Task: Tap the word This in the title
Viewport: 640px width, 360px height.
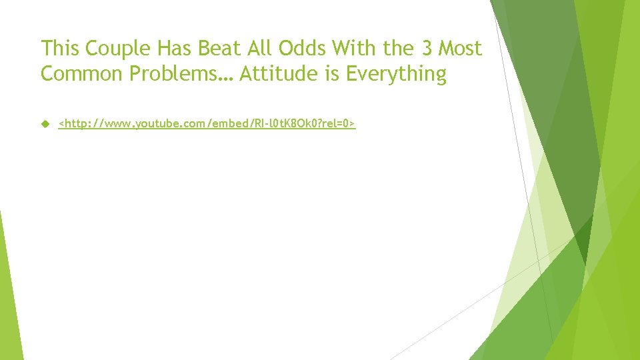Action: [x=60, y=49]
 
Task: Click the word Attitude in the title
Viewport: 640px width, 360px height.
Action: [x=279, y=74]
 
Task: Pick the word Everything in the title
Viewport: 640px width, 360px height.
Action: [x=395, y=74]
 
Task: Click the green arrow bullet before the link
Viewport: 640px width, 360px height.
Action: [x=45, y=124]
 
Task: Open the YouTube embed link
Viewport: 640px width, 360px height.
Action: [x=207, y=124]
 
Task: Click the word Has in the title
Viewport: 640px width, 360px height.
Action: [x=163, y=49]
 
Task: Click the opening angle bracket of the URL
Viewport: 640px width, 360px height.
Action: [x=61, y=124]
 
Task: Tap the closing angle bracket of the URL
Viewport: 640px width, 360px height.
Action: [x=353, y=124]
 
